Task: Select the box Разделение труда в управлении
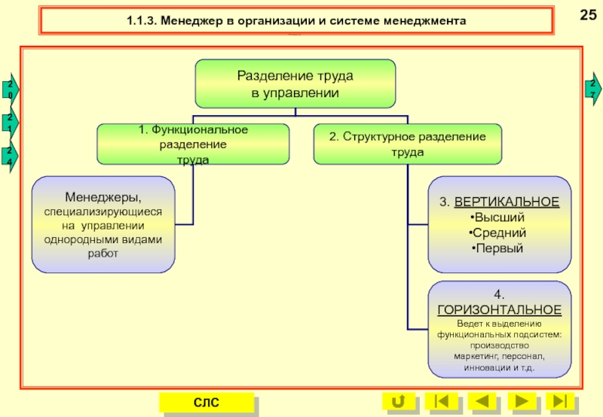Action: (x=295, y=84)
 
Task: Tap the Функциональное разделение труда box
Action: (x=193, y=144)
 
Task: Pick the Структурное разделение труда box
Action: (x=407, y=144)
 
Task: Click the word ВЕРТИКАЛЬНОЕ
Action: (x=510, y=202)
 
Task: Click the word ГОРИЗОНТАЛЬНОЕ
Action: (x=499, y=309)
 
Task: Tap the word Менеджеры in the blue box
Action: (x=102, y=197)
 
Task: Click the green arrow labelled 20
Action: (x=10, y=90)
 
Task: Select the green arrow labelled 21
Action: (x=10, y=123)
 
